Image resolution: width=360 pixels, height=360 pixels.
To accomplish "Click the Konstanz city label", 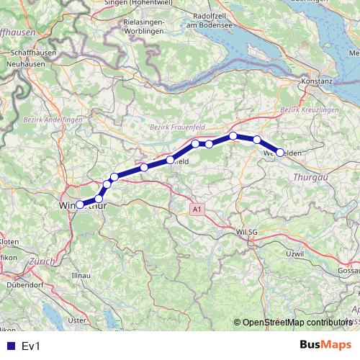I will click(x=317, y=81).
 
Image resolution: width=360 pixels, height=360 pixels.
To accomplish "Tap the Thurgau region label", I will click(x=310, y=176).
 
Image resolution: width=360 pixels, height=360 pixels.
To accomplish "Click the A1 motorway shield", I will click(x=197, y=209).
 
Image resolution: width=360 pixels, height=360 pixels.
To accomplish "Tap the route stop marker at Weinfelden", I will click(x=280, y=153).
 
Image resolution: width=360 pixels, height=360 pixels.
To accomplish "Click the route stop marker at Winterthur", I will click(x=80, y=204).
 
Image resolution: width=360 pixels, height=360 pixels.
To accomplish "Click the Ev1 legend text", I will click(x=31, y=346).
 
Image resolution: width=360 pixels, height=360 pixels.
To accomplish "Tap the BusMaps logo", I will click(x=325, y=345).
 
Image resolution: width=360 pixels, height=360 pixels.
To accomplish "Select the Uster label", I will click(x=77, y=319).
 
